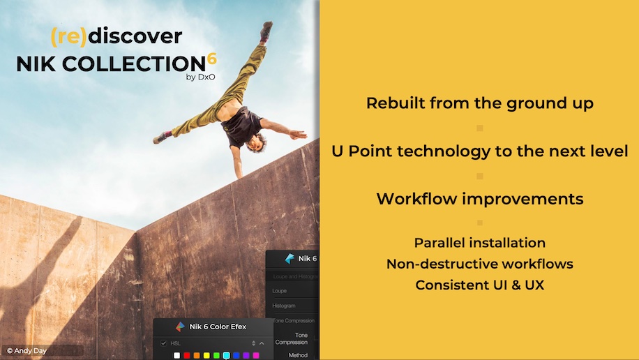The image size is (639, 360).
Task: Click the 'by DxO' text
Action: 200,77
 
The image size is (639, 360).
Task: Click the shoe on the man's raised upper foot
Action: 266,30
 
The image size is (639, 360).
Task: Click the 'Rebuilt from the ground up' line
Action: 480,103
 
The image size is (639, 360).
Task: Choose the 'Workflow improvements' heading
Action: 480,199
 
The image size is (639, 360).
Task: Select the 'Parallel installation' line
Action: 480,243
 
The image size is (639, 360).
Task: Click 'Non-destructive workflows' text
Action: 480,264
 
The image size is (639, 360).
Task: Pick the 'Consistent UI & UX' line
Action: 480,285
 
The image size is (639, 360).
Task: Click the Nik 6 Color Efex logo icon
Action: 180,327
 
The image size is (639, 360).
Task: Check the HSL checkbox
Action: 164,343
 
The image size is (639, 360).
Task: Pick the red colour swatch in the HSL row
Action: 187,356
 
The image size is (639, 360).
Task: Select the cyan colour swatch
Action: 226,356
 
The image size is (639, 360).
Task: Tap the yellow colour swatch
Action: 206,356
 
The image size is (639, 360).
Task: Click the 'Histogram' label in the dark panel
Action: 284,306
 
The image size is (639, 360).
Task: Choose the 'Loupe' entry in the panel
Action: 279,290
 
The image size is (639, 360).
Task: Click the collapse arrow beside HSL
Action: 262,343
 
